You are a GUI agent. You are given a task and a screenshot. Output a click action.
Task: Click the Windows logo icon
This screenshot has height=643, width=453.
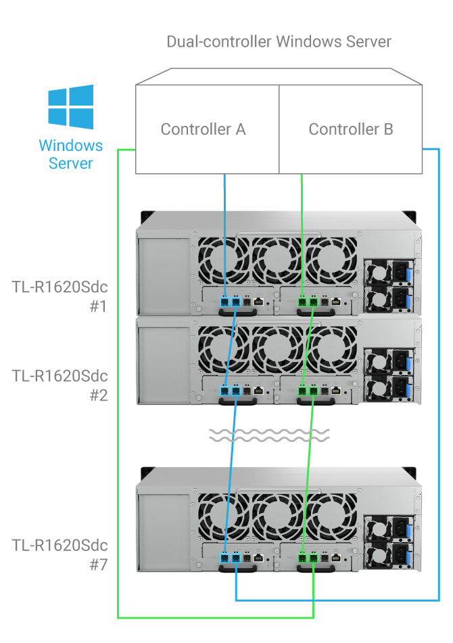pyautogui.click(x=70, y=107)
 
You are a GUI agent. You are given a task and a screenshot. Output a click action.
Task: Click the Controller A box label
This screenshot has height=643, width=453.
pyautogui.click(x=203, y=129)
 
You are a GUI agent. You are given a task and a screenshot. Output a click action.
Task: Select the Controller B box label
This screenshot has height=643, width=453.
pyautogui.click(x=350, y=129)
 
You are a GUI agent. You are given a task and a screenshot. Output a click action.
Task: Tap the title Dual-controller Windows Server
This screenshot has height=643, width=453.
pyautogui.click(x=279, y=41)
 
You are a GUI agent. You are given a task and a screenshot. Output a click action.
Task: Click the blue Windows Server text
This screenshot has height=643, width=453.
pyautogui.click(x=70, y=154)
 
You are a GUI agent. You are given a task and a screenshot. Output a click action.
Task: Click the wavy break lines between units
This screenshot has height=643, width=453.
pyautogui.click(x=268, y=435)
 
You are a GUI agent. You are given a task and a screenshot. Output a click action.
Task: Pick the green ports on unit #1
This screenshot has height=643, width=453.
pyautogui.click(x=308, y=301)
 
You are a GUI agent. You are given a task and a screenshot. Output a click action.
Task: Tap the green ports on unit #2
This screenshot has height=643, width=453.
pyautogui.click(x=308, y=391)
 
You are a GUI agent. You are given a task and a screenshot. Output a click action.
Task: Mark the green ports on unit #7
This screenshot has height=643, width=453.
pyautogui.click(x=308, y=558)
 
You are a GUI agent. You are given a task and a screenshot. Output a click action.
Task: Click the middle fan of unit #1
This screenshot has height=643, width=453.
pyautogui.click(x=275, y=261)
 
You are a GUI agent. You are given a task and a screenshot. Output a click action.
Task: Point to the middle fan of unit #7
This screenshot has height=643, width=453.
pyautogui.click(x=275, y=518)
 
